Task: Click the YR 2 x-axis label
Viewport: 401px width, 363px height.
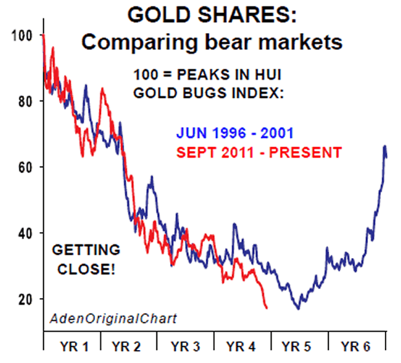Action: (x=128, y=344)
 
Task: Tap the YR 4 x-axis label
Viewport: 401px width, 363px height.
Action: (x=243, y=344)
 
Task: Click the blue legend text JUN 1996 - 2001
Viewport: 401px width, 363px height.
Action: (x=234, y=134)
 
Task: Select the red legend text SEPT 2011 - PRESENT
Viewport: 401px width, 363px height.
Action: (x=258, y=153)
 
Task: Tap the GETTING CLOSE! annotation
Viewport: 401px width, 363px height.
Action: (x=86, y=258)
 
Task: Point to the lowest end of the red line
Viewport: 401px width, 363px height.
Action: (x=266, y=308)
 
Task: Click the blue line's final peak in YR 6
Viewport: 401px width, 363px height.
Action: (x=385, y=146)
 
